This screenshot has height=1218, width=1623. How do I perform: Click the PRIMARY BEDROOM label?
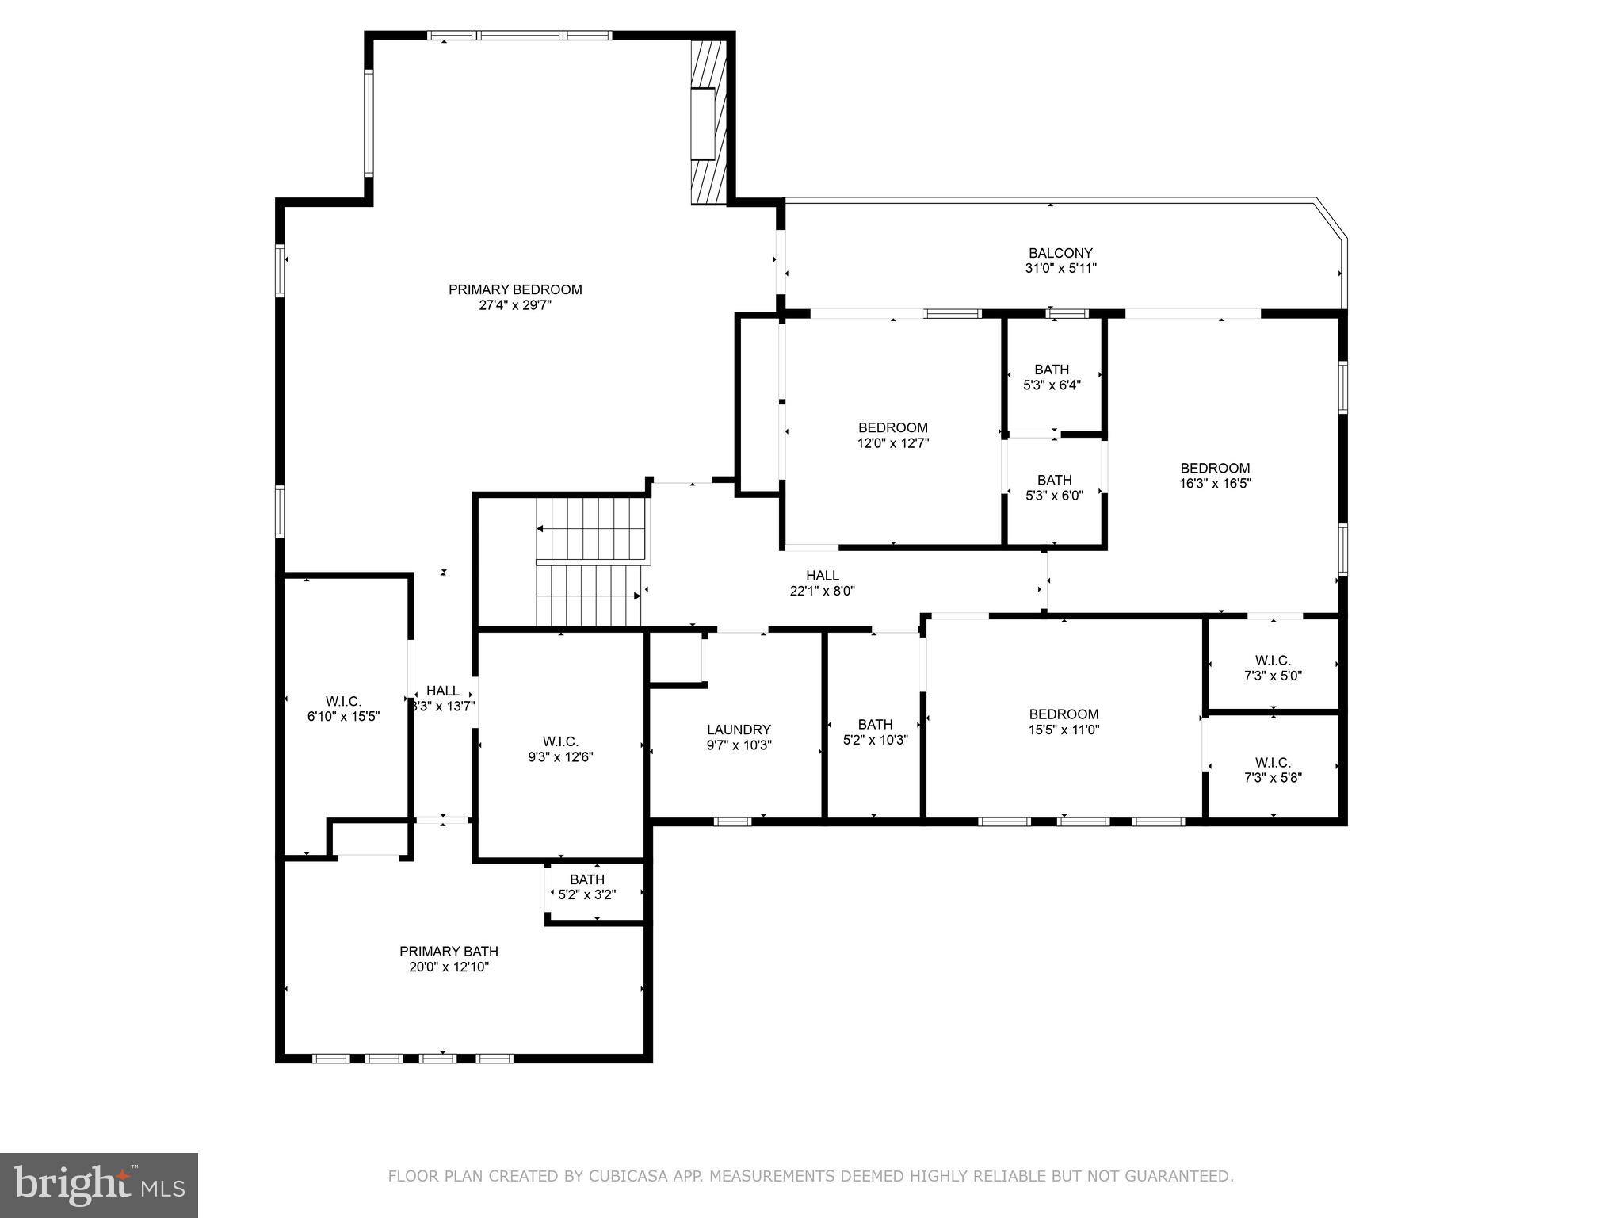515,289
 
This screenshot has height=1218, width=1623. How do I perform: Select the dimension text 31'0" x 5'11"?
1060,269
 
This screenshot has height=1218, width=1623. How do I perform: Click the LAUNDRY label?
739,730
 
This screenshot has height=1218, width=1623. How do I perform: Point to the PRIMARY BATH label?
449,952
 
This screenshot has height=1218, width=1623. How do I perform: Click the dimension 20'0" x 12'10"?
449,967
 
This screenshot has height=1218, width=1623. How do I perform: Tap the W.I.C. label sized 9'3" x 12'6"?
560,741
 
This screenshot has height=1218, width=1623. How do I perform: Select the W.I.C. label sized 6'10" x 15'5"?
343,701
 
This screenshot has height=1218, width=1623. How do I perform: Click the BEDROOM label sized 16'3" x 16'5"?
1215,468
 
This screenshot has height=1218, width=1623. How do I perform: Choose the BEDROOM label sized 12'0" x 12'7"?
892,427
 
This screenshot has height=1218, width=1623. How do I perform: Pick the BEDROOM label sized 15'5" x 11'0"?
1064,714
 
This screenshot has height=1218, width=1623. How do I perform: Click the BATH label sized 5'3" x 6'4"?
1052,370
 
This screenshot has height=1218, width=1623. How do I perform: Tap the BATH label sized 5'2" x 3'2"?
587,879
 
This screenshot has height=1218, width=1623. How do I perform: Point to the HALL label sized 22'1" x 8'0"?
822,575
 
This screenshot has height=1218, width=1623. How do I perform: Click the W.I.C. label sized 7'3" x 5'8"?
1273,763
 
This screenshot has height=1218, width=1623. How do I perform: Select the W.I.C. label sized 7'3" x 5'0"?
1273,661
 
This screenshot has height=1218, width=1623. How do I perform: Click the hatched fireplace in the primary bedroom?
708,123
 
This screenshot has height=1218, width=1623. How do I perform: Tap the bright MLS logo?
99,1185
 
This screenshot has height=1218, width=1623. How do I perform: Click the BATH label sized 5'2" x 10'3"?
875,724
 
